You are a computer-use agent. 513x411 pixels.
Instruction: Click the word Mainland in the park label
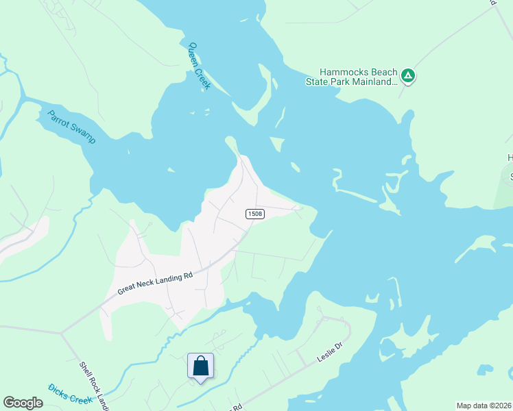point(377,82)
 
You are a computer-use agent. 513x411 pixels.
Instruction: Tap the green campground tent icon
point(408,76)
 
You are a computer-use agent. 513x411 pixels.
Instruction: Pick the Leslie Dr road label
point(329,355)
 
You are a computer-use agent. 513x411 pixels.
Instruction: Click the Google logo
point(23,403)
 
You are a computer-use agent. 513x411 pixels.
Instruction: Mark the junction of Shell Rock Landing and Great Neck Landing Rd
point(62,334)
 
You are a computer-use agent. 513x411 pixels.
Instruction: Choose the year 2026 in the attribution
point(503,406)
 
